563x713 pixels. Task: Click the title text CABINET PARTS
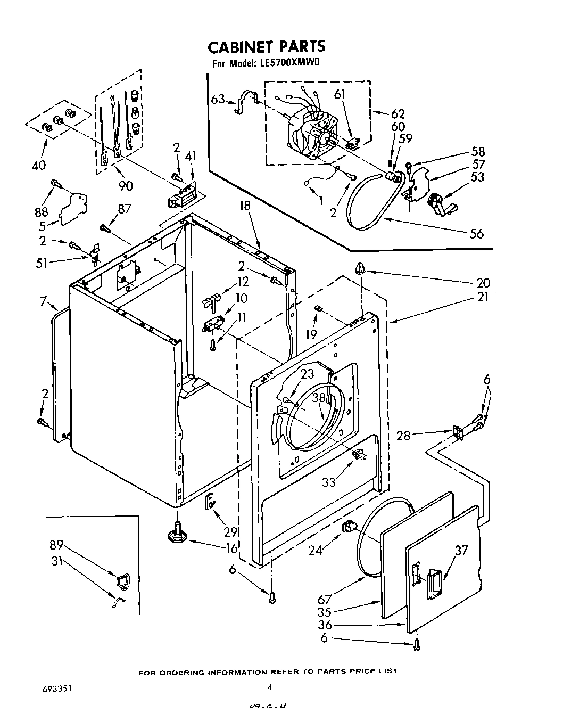(x=266, y=47)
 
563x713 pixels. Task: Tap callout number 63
(x=217, y=99)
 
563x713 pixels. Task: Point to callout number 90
(x=126, y=185)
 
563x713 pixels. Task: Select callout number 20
(x=483, y=283)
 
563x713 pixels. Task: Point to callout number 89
(x=57, y=545)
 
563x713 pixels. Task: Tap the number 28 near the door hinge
(x=404, y=436)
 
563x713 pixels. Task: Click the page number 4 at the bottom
(x=270, y=687)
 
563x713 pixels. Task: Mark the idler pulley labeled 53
(x=437, y=203)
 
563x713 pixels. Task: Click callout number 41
(x=191, y=157)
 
